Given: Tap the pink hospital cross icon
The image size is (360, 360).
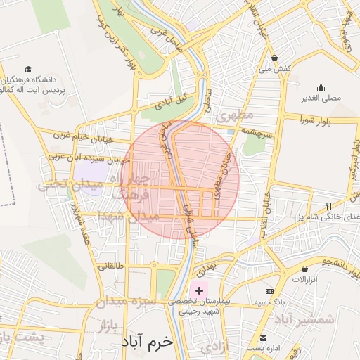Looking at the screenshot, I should pyautogui.click(x=199, y=290).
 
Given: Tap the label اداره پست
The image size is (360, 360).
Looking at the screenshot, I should pyautogui.click(x=262, y=347).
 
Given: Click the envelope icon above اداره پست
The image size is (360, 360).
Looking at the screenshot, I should pyautogui.click(x=263, y=337).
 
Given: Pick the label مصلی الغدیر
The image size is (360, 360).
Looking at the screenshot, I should pyautogui.click(x=321, y=98).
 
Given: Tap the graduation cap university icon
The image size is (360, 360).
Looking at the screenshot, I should pyautogui.click(x=28, y=69).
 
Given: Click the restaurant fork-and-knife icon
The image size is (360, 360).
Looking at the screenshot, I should pyautogui.click(x=328, y=205).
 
